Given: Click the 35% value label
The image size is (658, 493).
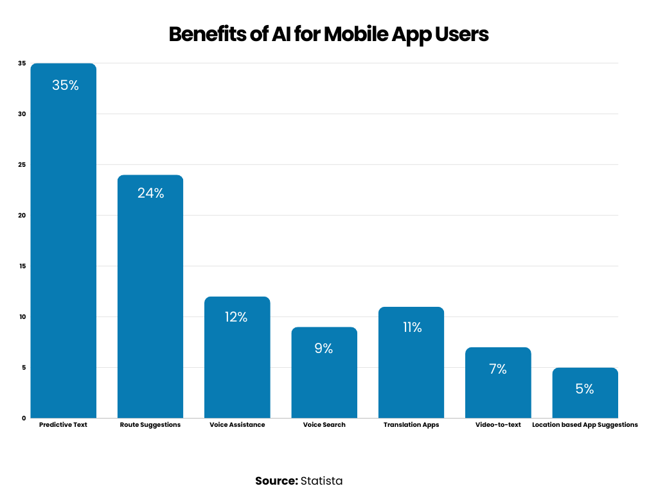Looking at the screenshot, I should pos(65,85).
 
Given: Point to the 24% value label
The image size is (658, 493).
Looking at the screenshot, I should pos(150,193).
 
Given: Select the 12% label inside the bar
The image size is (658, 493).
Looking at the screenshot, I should pos(236,317).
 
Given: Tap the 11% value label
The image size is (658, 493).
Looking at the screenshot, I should pos(411,327).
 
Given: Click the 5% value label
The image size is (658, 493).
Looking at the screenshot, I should pos(585,388).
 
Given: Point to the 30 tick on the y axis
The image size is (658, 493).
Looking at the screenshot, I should pos(22,114).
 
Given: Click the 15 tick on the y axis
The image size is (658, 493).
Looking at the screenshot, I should pos(22,266).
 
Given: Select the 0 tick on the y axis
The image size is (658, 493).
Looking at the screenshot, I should pos(24,418).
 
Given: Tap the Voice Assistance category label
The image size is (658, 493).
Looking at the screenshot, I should pos(237,425).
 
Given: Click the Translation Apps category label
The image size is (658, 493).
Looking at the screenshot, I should pos(411,425).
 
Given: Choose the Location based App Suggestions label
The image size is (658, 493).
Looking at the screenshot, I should pos(585,425).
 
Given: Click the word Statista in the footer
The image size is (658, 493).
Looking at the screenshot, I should pos(321,481).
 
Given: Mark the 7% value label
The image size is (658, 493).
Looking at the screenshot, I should pos(498,369).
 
